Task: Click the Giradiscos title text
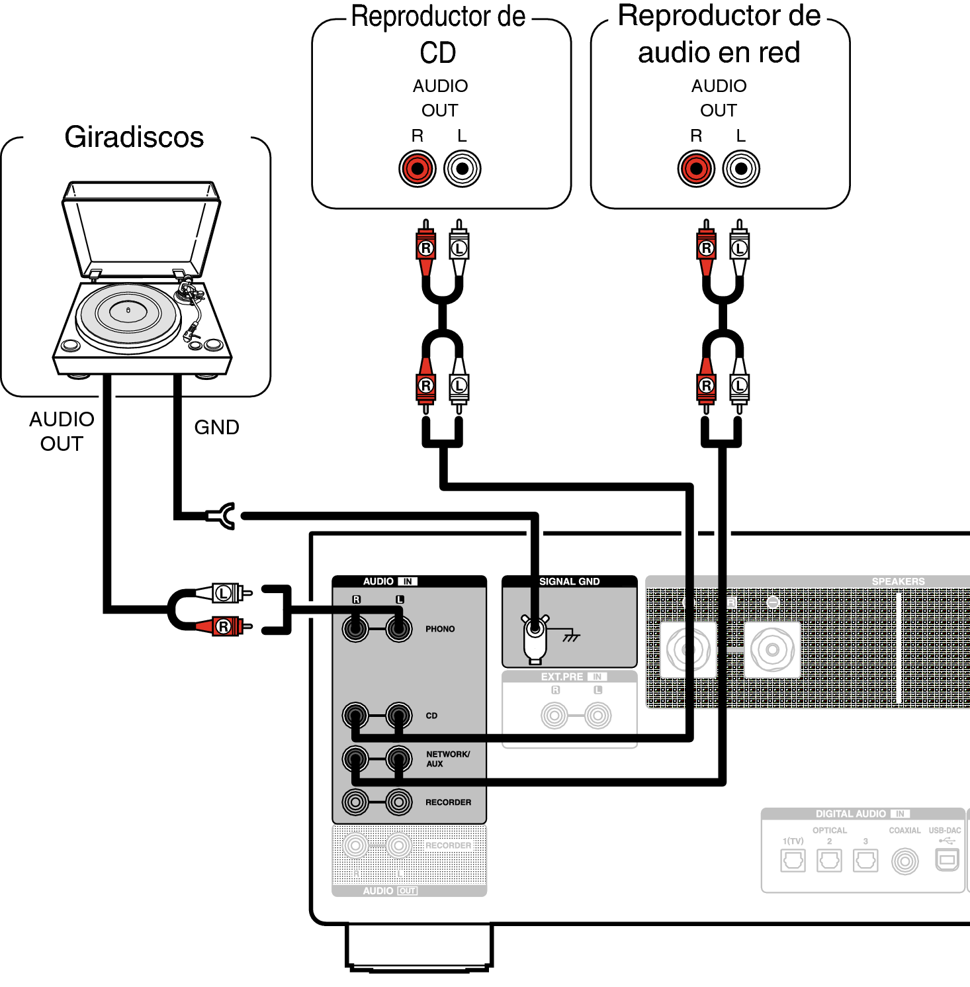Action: click(134, 137)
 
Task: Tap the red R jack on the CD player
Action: click(418, 168)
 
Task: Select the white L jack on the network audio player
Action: click(741, 168)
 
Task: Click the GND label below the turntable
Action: click(216, 428)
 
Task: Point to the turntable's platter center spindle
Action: click(128, 310)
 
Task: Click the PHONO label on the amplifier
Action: click(440, 629)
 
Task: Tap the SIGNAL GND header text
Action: click(569, 582)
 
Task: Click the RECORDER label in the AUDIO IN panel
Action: click(448, 802)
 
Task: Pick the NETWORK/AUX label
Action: click(447, 759)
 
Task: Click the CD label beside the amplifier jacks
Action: click(431, 716)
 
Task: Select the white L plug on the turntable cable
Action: click(225, 593)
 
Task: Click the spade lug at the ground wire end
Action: click(224, 515)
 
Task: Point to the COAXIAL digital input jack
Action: click(904, 861)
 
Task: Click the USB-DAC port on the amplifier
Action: click(946, 861)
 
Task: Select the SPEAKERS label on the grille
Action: click(898, 582)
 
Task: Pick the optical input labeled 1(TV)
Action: click(793, 861)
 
